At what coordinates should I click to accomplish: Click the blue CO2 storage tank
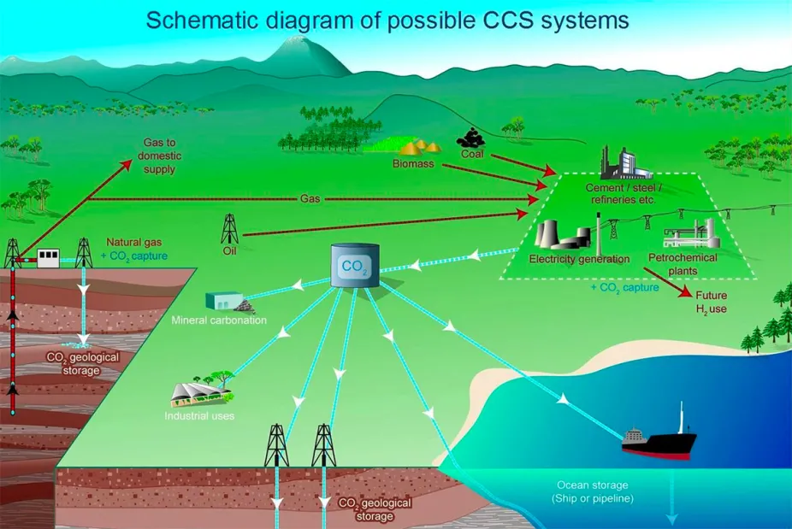click(x=354, y=266)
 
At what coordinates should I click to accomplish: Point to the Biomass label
click(x=413, y=162)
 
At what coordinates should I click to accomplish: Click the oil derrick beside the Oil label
click(x=229, y=229)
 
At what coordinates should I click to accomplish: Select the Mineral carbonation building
click(x=225, y=302)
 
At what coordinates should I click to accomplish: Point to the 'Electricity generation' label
click(x=579, y=259)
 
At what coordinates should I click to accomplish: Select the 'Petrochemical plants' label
click(x=684, y=265)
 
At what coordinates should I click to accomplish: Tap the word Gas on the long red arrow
click(x=310, y=198)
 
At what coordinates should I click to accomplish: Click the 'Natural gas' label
click(x=127, y=243)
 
